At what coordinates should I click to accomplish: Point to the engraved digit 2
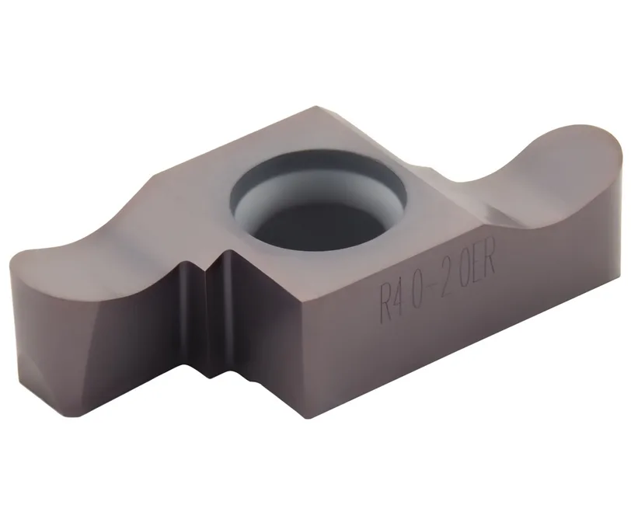[444, 281]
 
